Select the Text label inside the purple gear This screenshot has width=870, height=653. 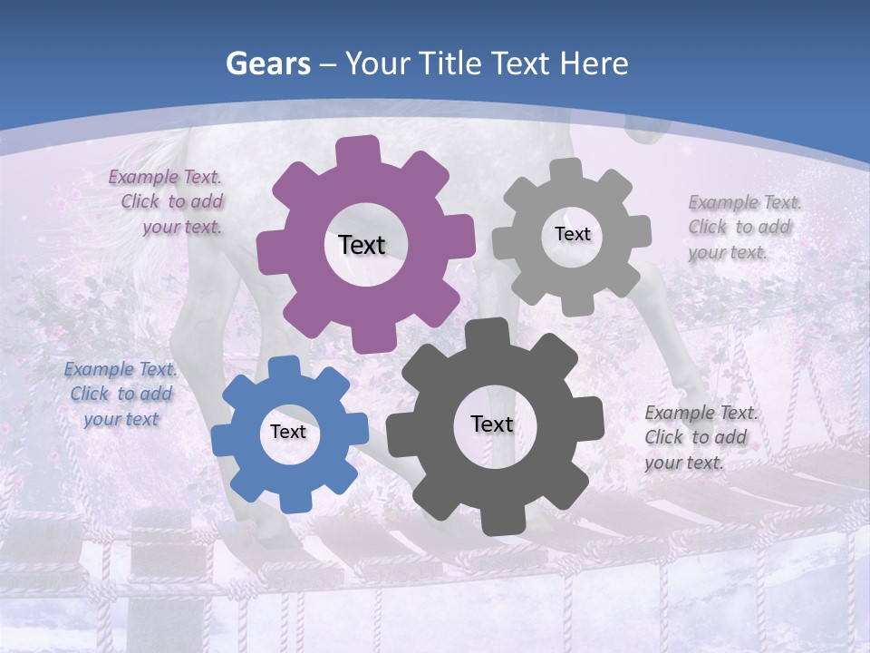tap(362, 245)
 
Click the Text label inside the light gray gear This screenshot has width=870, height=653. tap(572, 234)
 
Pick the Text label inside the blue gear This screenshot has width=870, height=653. tap(287, 433)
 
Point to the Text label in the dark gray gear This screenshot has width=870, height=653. tap(491, 424)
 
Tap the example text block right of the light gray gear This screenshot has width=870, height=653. tap(743, 227)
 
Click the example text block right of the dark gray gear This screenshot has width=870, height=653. tap(700, 437)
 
